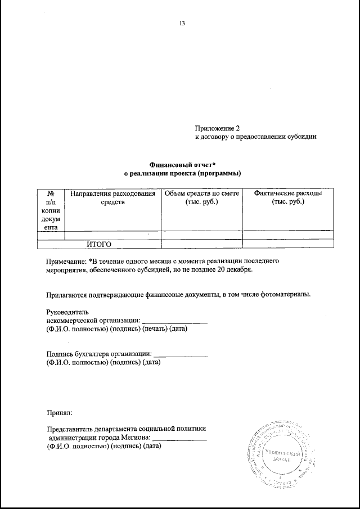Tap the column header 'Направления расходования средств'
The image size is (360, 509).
112,198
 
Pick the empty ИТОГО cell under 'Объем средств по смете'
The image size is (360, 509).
202,244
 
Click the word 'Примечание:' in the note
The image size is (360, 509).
66,262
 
